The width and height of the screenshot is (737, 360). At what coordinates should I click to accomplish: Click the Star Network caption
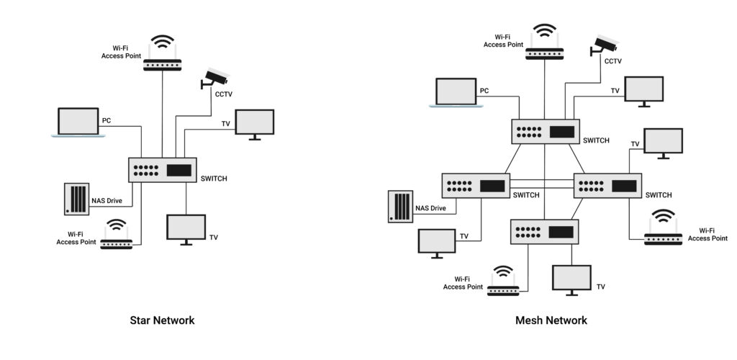coord(162,320)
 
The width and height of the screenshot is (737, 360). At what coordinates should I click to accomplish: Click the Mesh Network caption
coord(551,320)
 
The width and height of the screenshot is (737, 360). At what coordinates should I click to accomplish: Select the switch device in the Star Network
coord(163,170)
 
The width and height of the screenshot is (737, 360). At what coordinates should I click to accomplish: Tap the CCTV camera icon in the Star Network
coord(214,77)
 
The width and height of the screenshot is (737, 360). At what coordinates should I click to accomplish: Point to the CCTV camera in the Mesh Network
coord(603,45)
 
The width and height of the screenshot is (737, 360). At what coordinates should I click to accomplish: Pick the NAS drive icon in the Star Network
coord(76,199)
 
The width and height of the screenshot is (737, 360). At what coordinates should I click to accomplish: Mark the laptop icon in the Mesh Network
coord(456,93)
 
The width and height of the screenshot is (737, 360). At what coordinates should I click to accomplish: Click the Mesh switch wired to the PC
coord(546,131)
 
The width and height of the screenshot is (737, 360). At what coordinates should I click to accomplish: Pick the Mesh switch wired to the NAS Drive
coord(475,186)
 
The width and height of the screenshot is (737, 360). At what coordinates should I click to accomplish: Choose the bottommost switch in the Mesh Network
coord(544,231)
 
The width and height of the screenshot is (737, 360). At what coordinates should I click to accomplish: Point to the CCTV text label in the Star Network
coord(223,94)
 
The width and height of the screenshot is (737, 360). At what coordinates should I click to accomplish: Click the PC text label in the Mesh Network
coord(484,91)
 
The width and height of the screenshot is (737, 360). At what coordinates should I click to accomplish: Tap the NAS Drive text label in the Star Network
coord(107,200)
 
